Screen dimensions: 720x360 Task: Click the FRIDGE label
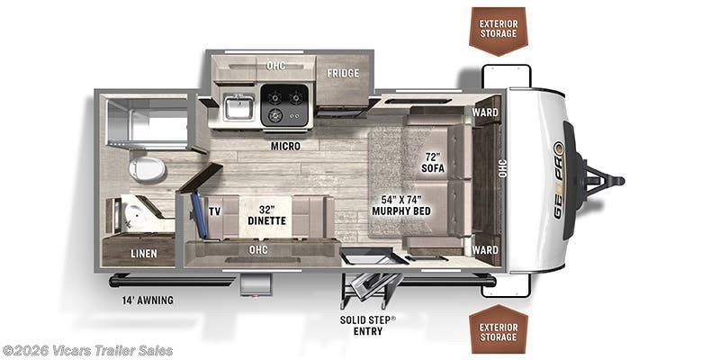click(343, 73)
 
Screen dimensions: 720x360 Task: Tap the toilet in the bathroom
click(147, 168)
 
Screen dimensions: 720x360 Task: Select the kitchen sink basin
click(238, 108)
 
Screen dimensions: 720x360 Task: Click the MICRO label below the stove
click(285, 146)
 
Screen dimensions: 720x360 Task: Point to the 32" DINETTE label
click(267, 215)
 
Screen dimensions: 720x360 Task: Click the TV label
click(214, 211)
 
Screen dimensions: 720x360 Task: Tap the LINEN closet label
click(144, 254)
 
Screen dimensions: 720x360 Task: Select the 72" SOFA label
click(433, 163)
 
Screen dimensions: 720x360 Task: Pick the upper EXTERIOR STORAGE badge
click(499, 31)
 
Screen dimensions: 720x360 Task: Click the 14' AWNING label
click(148, 301)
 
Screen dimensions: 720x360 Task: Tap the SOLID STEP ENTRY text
click(368, 325)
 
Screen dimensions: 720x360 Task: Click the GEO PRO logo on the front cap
click(558, 180)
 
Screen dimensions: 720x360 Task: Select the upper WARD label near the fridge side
click(485, 112)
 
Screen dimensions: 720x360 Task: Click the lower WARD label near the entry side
click(485, 250)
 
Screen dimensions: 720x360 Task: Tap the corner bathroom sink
click(130, 215)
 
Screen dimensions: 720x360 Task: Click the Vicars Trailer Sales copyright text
click(87, 351)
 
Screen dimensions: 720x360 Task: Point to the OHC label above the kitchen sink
click(276, 65)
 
